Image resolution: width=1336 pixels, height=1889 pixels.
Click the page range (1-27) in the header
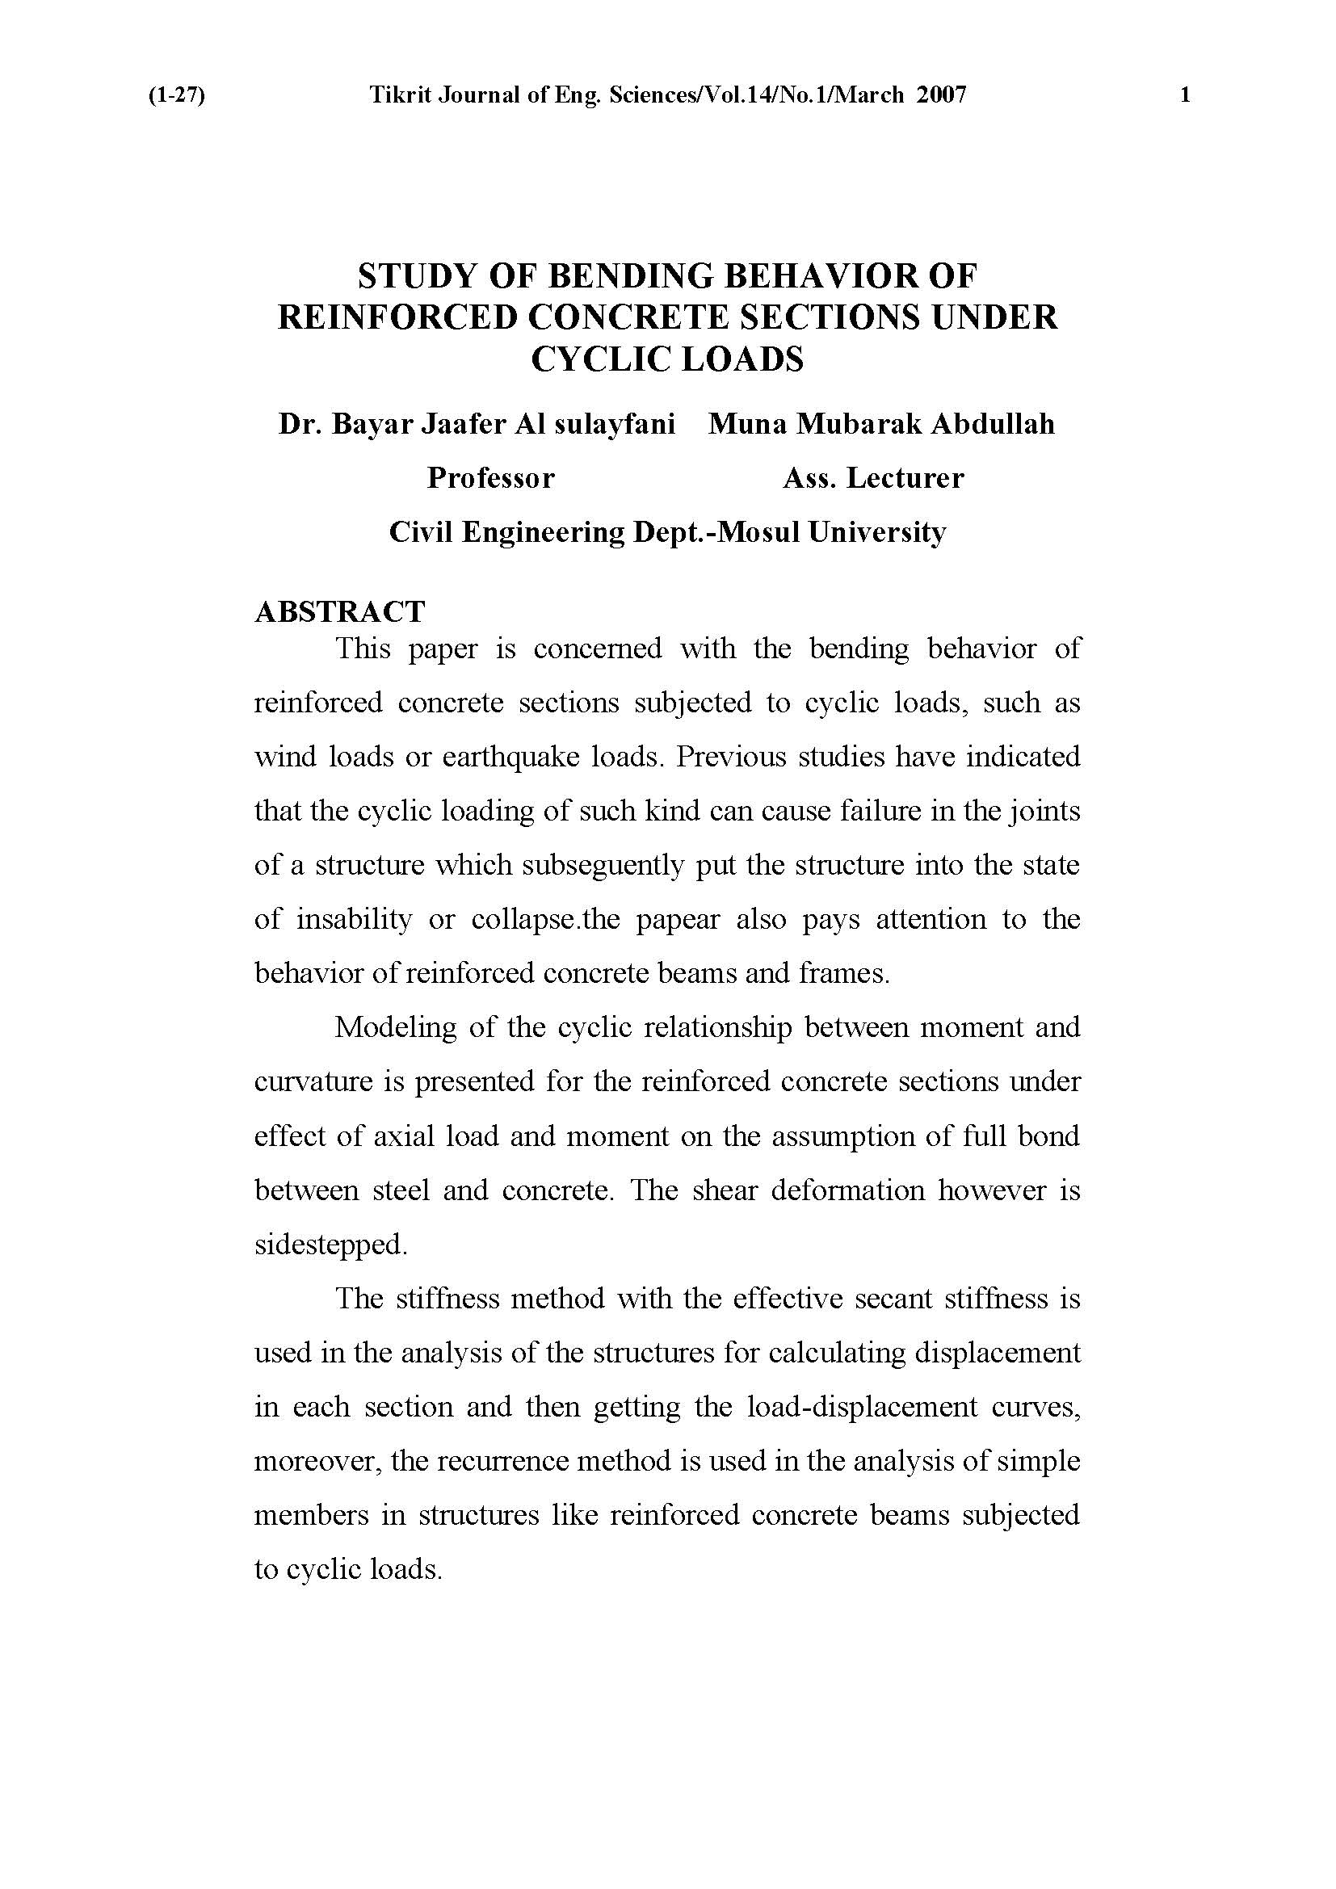click(x=176, y=96)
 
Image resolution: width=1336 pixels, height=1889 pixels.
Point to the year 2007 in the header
click(x=940, y=96)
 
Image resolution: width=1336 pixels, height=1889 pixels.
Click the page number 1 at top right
click(x=1185, y=96)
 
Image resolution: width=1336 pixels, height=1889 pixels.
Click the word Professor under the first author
click(x=490, y=478)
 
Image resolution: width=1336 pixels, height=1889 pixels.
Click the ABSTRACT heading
click(x=340, y=612)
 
